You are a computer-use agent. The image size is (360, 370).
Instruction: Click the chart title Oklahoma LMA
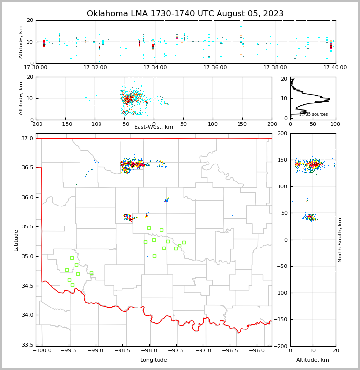tap(185, 14)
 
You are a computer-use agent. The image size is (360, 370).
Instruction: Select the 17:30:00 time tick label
tap(36, 68)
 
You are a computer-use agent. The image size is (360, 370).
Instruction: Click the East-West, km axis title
tap(154, 127)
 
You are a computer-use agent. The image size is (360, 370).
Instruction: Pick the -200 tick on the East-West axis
tap(36, 124)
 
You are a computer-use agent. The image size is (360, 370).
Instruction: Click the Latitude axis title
tap(16, 240)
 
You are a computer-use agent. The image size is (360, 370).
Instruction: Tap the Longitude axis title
tap(154, 360)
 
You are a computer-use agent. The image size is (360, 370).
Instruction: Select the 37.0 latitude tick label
tap(27, 139)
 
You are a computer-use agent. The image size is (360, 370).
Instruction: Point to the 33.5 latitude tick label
tap(27, 345)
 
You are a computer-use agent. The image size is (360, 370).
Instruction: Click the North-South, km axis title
tap(340, 240)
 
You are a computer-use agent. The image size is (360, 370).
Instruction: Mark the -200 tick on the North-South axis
tap(282, 346)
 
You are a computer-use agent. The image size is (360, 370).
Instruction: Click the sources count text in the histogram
tap(313, 114)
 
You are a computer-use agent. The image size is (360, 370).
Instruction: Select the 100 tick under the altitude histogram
tap(335, 124)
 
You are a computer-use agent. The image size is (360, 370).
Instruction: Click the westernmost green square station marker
tap(67, 270)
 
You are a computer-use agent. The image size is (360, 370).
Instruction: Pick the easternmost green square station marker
tap(184, 242)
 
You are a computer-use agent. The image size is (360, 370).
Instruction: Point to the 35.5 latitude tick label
tap(27, 227)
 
